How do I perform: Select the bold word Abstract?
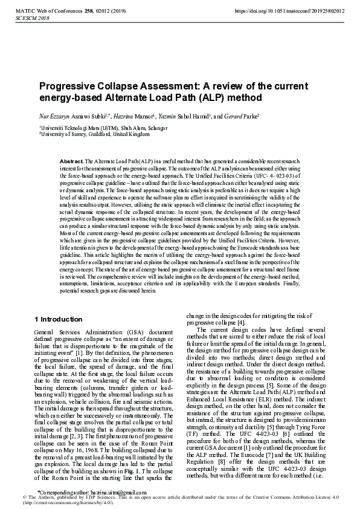[x=72, y=161]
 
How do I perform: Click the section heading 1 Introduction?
[x=59, y=319]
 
